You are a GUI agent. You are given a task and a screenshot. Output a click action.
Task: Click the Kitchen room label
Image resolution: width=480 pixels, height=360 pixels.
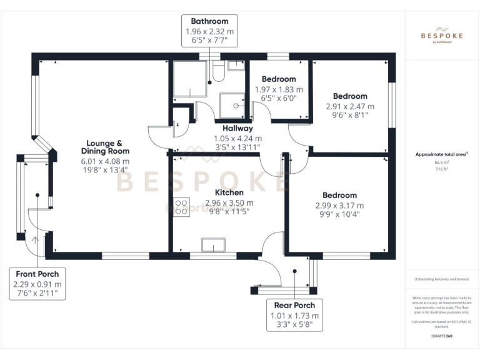229,192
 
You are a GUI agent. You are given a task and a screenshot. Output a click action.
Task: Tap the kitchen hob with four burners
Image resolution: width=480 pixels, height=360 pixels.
182,207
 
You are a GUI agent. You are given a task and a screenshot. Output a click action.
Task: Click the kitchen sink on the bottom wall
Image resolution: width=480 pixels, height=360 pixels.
212,245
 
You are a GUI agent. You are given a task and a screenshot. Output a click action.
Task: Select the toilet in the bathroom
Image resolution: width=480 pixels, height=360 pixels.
218,71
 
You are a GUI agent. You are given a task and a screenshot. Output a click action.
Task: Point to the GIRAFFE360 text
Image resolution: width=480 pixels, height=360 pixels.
441,336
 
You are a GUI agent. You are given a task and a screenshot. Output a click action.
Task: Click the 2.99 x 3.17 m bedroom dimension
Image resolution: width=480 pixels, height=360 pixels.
339,205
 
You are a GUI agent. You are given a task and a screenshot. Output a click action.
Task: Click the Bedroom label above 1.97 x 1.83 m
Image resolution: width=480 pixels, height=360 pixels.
279,79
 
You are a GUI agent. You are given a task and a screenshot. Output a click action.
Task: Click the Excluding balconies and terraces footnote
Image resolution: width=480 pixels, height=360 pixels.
441,279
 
